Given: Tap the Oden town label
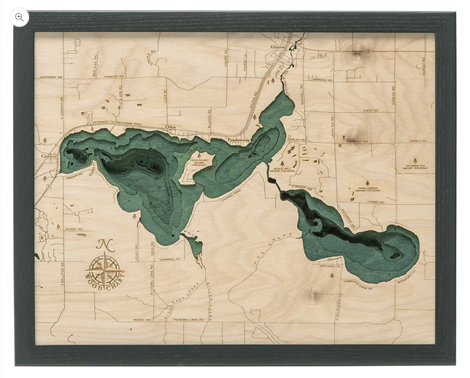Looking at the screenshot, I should [x=172, y=126].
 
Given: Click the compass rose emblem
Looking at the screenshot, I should [x=105, y=270].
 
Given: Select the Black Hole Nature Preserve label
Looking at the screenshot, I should [x=282, y=170].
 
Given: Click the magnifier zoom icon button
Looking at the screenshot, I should [x=20, y=17].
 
